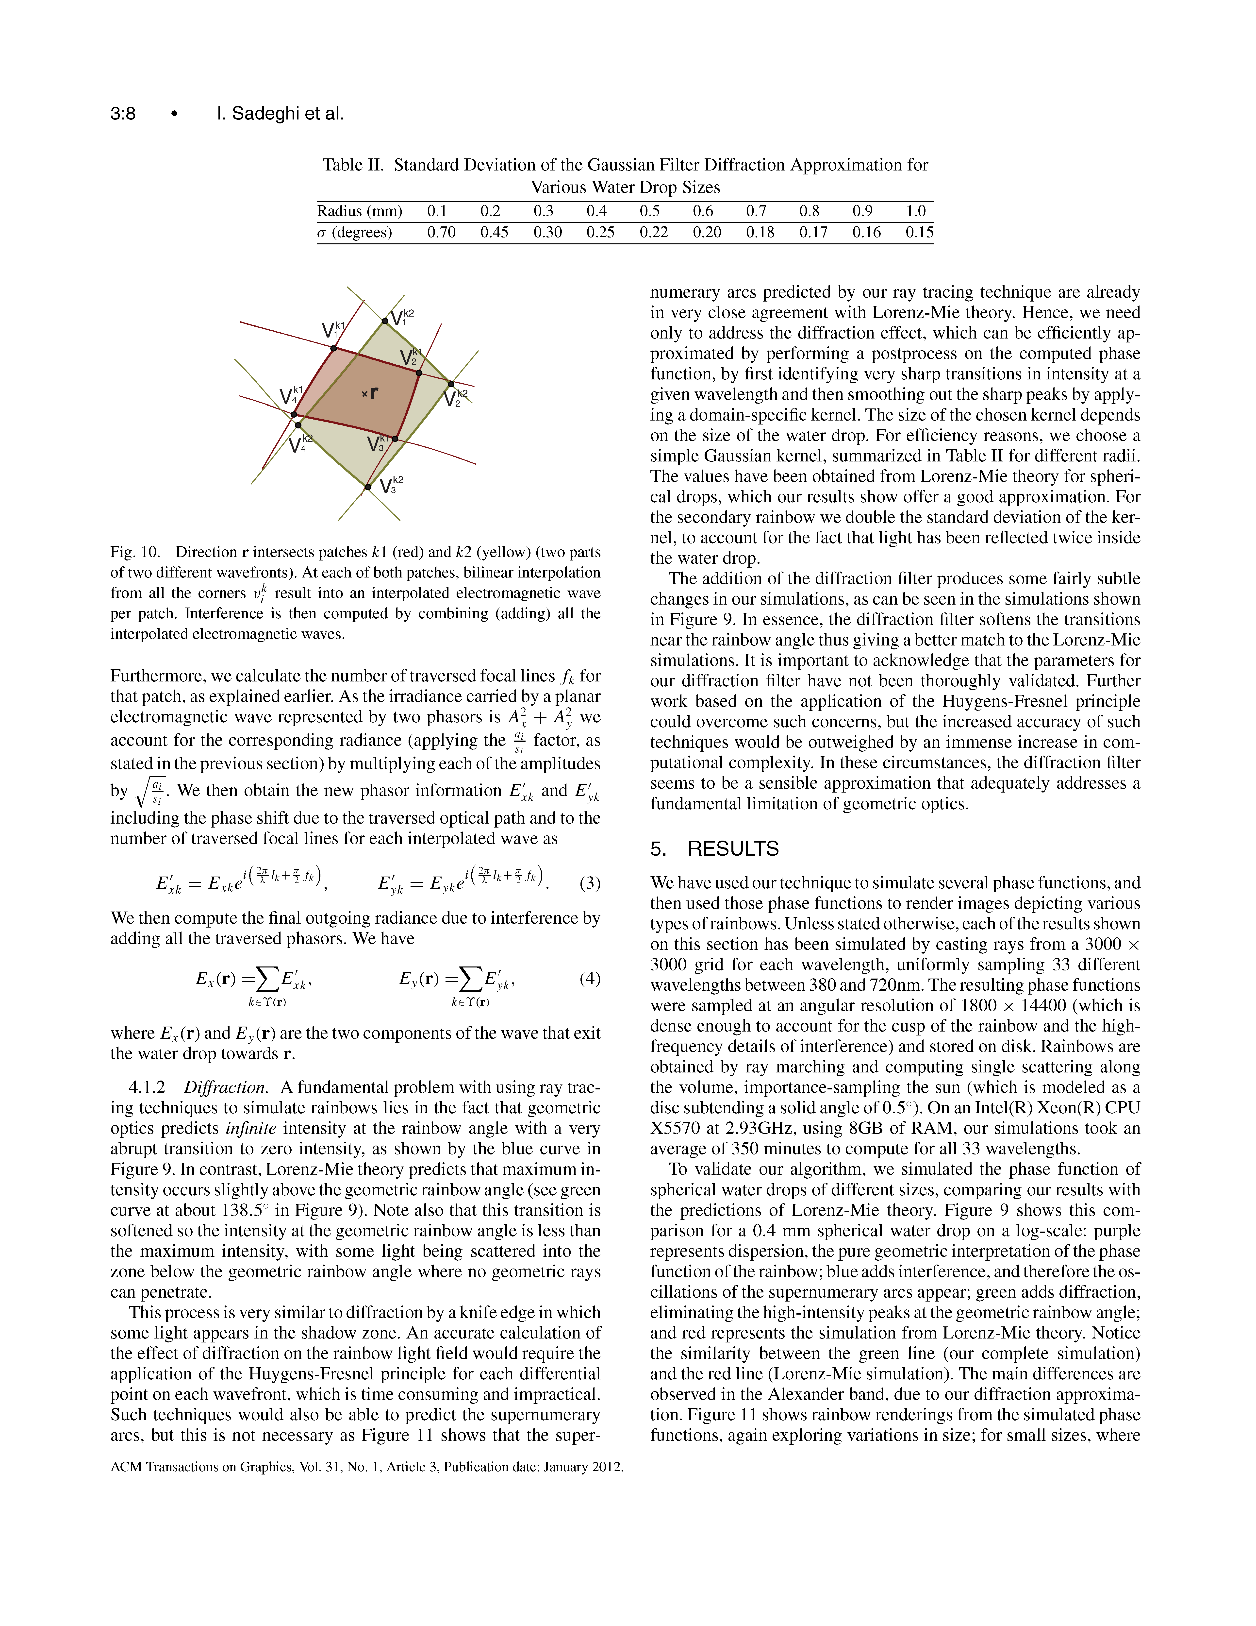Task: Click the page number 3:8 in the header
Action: click(123, 114)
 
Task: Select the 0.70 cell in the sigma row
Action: click(441, 232)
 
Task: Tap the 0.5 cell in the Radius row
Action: click(650, 211)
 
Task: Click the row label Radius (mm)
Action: click(359, 211)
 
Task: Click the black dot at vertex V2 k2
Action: click(451, 384)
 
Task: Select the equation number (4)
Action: click(589, 978)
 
